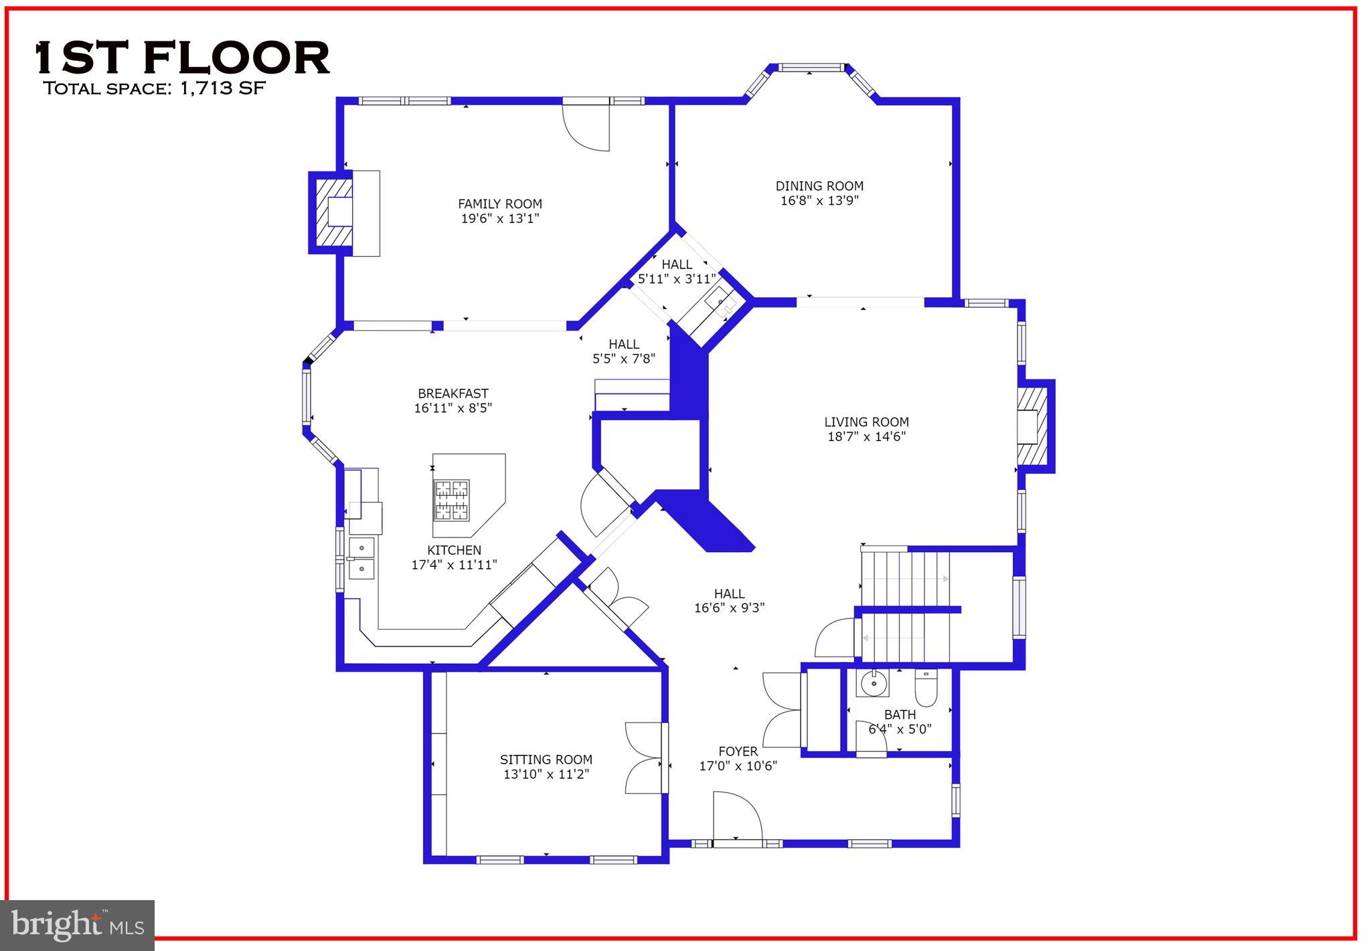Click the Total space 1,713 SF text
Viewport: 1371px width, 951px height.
[x=155, y=88]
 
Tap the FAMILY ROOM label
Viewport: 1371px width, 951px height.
[x=499, y=204]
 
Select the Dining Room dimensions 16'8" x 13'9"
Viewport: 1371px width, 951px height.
[x=819, y=200]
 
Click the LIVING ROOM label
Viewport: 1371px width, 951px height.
[x=866, y=422]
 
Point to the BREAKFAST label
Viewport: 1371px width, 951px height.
[x=453, y=394]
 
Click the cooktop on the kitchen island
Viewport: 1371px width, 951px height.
[x=452, y=500]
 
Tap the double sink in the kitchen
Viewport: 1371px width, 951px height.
[x=361, y=557]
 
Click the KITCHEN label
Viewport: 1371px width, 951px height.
[x=454, y=550]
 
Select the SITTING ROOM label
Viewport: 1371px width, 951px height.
[x=546, y=760]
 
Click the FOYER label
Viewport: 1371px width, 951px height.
[x=738, y=752]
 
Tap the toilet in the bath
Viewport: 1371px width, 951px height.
[x=926, y=689]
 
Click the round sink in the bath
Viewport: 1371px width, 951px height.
[x=874, y=684]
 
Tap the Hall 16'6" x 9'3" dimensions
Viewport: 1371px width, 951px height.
[x=729, y=608]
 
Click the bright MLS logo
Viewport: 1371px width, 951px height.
[x=78, y=925]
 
